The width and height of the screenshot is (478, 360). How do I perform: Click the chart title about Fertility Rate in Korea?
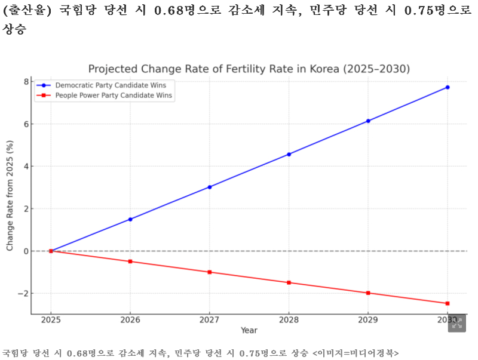249,69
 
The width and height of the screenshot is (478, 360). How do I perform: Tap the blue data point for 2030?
447,87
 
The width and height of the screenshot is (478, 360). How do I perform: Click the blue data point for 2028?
289,154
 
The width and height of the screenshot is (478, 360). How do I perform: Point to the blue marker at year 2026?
130,219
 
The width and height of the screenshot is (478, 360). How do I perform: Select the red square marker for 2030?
447,303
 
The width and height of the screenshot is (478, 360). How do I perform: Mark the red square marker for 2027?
209,272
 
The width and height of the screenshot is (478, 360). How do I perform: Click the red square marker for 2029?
368,293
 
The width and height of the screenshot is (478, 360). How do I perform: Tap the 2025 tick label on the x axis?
51,320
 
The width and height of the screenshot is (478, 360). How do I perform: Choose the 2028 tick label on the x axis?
289,320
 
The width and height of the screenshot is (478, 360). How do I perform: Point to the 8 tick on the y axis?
26,82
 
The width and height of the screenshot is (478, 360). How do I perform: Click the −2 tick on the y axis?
23,294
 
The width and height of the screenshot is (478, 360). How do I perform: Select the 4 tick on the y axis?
26,167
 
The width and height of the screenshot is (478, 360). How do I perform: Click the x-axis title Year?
249,331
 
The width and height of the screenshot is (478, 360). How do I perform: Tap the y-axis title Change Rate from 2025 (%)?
10,196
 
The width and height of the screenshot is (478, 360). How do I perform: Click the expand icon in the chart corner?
456,323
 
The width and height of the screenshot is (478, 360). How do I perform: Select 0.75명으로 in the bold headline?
415,13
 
